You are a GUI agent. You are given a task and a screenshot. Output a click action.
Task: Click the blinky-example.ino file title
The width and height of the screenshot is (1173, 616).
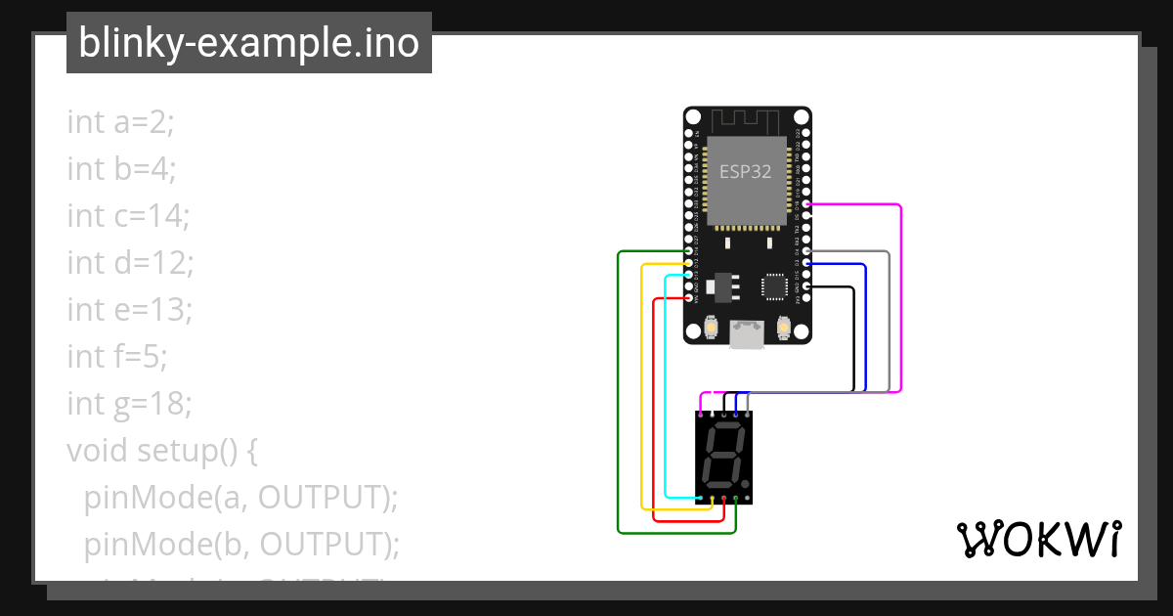[x=248, y=43]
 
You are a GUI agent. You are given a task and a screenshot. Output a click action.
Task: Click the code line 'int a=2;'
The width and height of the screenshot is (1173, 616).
[x=120, y=122]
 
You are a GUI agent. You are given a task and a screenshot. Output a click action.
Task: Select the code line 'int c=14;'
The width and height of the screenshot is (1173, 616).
[x=128, y=215]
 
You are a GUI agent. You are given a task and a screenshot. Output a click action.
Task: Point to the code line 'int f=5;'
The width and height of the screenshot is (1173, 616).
[x=117, y=356]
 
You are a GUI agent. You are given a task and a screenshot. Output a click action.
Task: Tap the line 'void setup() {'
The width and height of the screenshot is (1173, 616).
[x=161, y=450]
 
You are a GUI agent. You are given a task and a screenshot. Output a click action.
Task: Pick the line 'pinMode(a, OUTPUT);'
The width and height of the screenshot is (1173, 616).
[x=241, y=497]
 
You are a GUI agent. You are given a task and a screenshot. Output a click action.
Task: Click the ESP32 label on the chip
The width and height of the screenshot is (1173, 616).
[x=746, y=172]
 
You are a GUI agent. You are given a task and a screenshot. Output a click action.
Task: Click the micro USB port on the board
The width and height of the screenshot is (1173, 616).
[x=747, y=334]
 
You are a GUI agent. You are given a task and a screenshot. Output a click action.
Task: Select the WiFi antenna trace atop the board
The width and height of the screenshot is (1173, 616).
[x=746, y=121]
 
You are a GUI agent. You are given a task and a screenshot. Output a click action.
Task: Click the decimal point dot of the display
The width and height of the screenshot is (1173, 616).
[x=747, y=486]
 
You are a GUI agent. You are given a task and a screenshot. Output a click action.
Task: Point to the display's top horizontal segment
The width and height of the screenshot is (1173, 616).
[x=726, y=428]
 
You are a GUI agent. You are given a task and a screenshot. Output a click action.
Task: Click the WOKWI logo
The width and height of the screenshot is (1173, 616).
[x=1037, y=539]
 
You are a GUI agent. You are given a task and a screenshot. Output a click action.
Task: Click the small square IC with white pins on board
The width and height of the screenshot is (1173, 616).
[x=774, y=286]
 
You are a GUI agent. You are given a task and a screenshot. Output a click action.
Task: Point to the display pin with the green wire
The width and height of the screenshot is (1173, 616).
[x=735, y=501]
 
